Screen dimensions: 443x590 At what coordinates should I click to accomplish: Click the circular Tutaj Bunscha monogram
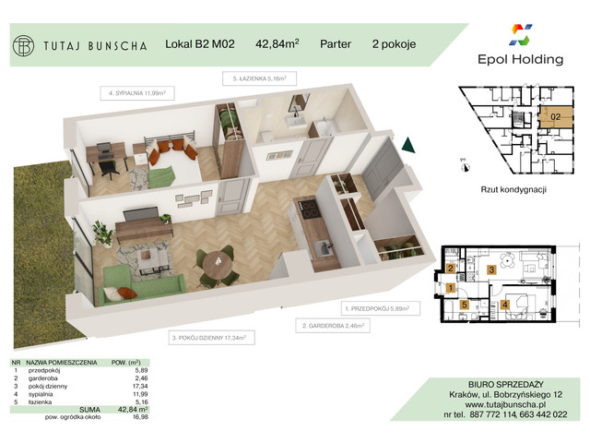click(x=23, y=43)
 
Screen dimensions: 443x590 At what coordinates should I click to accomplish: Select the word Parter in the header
click(x=340, y=42)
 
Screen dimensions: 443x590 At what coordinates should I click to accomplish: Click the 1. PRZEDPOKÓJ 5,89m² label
click(x=375, y=307)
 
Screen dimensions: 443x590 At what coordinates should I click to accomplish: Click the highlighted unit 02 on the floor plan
click(x=555, y=117)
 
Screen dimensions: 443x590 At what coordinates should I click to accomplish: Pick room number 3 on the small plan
click(x=492, y=269)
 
